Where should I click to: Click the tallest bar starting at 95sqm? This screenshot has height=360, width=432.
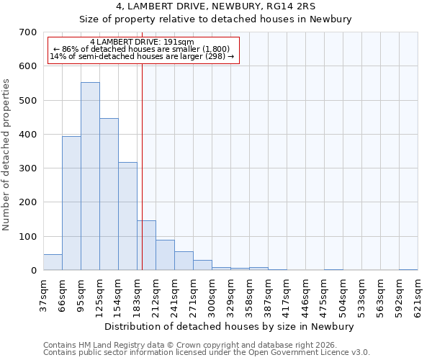click(x=90, y=176)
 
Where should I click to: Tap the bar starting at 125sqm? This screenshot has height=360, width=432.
click(x=109, y=194)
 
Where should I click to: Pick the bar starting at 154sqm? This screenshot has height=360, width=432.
click(x=127, y=216)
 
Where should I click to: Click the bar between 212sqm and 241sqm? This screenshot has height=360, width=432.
click(x=165, y=255)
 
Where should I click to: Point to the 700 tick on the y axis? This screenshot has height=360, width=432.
click(x=29, y=32)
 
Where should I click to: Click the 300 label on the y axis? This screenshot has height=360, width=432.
click(x=29, y=168)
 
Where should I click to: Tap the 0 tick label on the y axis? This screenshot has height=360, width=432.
click(x=34, y=271)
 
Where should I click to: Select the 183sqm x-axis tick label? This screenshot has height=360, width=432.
click(x=138, y=295)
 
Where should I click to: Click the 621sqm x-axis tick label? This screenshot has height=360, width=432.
click(x=418, y=295)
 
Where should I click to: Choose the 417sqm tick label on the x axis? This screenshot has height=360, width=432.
click(x=287, y=295)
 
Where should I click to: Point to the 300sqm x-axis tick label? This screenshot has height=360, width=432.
click(x=212, y=295)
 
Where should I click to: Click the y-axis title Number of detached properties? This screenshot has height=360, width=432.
click(x=7, y=155)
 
